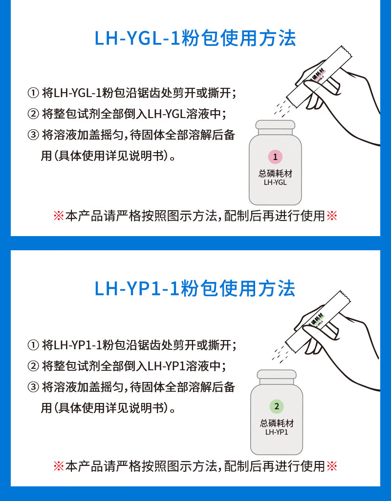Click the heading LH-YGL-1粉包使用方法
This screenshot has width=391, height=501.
coord(195,39)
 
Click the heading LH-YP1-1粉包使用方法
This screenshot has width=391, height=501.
coord(195,288)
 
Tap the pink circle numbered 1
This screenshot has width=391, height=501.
coord(275,157)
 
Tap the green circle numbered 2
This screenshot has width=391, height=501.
coord(277,406)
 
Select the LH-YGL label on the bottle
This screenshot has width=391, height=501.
coord(275,182)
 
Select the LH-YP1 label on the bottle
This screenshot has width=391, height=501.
coord(277,432)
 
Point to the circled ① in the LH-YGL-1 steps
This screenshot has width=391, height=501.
coord(33,93)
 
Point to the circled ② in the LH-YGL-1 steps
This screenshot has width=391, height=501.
coord(33,114)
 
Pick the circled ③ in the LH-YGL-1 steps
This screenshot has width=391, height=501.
coord(33,135)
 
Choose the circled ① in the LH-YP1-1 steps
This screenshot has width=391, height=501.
coord(33,345)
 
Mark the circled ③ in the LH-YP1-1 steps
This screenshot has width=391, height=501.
coord(33,387)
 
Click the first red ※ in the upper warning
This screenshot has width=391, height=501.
coord(59,216)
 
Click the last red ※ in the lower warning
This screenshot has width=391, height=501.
coord(332,466)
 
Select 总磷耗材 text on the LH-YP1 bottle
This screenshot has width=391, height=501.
coord(277,423)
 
